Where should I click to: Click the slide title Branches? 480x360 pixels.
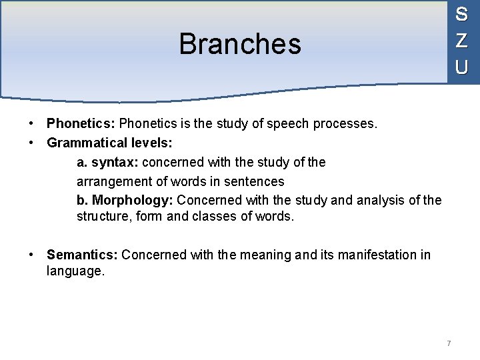pos(240,45)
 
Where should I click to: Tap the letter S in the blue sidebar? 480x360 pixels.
pos(461,14)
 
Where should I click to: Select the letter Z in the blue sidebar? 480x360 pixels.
pos(461,40)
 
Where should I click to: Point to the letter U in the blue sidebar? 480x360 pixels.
pos(461,67)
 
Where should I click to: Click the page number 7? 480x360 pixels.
pos(449,343)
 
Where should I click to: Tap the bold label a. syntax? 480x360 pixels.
pos(108,163)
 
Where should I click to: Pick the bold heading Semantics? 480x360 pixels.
pos(82,255)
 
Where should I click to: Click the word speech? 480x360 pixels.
pos(287,123)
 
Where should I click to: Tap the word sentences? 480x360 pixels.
pos(256,181)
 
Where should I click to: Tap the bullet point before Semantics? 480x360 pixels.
pos(32,255)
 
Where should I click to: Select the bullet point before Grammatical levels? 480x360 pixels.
pos(32,142)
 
